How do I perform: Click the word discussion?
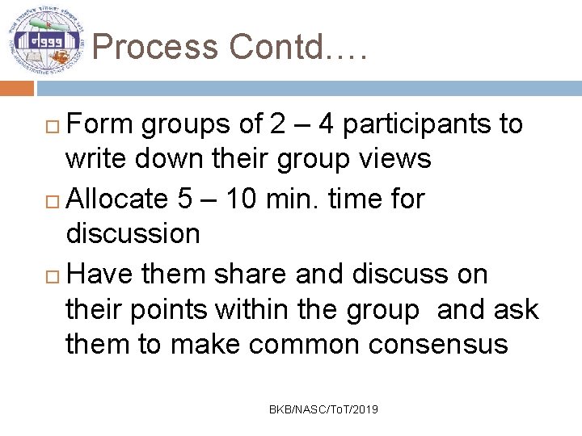coord(133,234)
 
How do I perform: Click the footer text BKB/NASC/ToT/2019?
coord(323,410)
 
